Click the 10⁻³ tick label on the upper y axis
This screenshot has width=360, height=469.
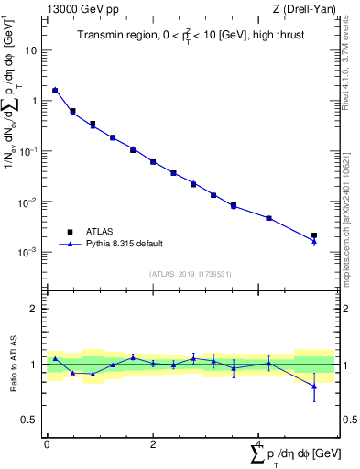click(30, 252)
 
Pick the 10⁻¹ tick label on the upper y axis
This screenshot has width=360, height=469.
click(30, 151)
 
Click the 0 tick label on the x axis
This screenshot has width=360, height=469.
click(47, 444)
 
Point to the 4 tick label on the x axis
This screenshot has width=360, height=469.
click(258, 444)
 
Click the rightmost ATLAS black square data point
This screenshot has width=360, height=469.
click(314, 235)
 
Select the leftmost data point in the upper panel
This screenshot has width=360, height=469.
click(55, 91)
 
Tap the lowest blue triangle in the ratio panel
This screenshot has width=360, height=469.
click(314, 386)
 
